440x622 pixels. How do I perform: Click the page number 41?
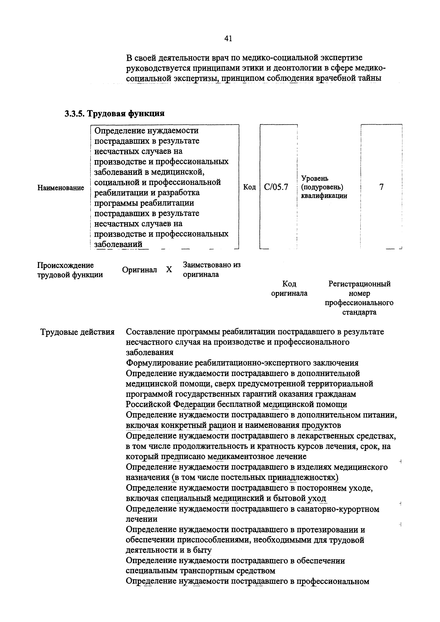pos(228,39)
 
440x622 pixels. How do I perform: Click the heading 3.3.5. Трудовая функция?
pos(114,113)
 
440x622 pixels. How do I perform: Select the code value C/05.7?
pos(276,187)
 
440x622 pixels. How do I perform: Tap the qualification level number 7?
pos(381,187)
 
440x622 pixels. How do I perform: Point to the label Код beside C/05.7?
pos(249,187)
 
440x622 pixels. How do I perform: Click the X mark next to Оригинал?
pos(169,270)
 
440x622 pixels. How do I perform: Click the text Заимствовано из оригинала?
pos(211,269)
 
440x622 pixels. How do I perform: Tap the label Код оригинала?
pos(289,288)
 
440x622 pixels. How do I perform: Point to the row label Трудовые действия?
pos(77,332)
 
